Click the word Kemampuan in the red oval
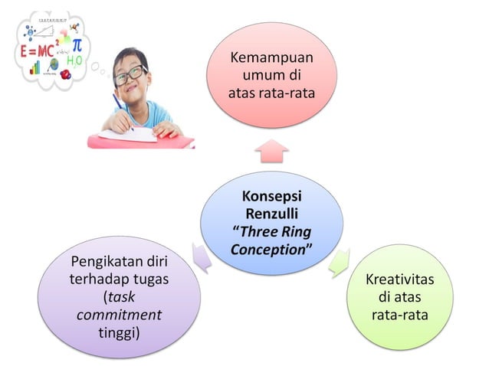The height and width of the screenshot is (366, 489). pos(272,59)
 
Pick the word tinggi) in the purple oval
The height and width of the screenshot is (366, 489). pos(119,331)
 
